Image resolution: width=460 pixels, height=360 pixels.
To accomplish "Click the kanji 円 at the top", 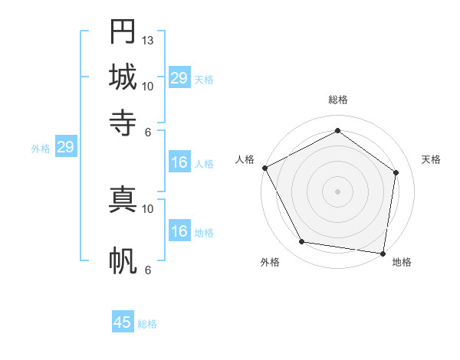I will pos(123,33).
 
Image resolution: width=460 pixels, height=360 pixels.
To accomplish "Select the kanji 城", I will pos(123,77).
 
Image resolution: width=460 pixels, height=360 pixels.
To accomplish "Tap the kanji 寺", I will pos(123,120).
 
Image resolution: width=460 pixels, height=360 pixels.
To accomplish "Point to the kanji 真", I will pos(123,199).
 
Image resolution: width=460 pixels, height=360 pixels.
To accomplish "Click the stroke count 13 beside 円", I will pos(148,40).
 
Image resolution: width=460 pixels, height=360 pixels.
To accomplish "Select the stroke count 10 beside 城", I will pos(148,86).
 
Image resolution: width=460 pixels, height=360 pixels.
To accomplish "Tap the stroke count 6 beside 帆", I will pos(148,270).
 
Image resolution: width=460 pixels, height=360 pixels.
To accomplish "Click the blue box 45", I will pos(123,322).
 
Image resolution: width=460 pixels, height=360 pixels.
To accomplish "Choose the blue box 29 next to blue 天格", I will pos(179,78).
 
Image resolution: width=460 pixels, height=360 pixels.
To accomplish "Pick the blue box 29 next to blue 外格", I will pos(65,147).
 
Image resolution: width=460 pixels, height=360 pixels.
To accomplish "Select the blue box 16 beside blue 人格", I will pos(179,162).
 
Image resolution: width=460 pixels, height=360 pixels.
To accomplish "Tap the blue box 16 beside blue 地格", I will pos(179,231).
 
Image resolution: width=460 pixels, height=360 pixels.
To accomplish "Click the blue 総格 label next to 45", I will pos(147,324).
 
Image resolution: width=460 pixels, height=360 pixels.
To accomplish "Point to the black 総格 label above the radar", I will pos(337,100).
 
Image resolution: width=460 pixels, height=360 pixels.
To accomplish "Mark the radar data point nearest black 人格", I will pos(264,168).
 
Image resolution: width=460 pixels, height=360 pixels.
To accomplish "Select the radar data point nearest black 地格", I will pos(383,253).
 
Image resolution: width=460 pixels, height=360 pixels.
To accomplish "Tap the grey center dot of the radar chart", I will pos(337,191).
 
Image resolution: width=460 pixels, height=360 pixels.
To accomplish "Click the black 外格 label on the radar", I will pos(270,263).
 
